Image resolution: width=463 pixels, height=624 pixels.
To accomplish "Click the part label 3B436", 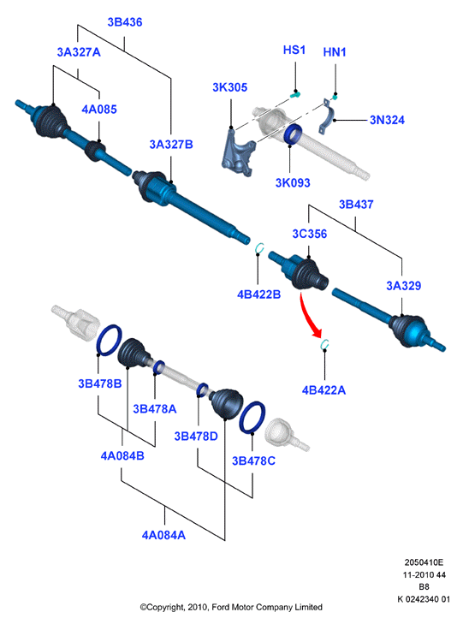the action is [124, 22].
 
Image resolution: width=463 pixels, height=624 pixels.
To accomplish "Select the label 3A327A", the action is [79, 52].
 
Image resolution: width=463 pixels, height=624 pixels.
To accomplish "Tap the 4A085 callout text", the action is [99, 109].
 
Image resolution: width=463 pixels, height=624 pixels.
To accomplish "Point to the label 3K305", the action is [230, 87].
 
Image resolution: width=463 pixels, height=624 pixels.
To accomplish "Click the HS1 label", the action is [294, 50].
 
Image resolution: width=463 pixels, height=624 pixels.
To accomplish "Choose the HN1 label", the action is [335, 52].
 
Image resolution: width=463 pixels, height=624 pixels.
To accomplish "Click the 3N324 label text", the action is [387, 120].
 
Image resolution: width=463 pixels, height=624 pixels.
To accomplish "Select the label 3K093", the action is [293, 182].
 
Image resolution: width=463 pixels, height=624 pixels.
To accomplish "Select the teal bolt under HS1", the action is [295, 95].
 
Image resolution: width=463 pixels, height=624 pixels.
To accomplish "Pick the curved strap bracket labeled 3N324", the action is [328, 116].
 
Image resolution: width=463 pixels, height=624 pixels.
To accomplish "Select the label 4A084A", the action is [163, 535].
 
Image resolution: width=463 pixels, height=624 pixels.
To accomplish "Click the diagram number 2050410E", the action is [424, 562].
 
